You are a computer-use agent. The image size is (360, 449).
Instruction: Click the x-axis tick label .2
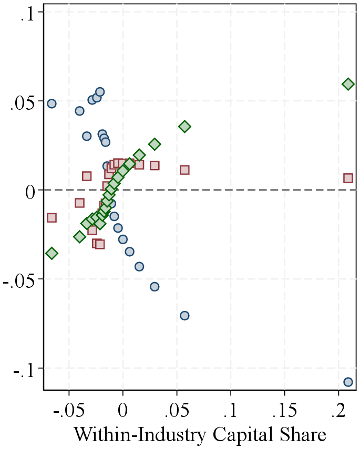[337, 410]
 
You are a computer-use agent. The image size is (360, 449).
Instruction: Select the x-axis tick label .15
[283, 410]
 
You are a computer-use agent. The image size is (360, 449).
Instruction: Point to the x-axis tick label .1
[231, 410]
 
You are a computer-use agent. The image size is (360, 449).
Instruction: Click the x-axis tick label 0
[123, 410]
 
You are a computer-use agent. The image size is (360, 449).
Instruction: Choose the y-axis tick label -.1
[25, 368]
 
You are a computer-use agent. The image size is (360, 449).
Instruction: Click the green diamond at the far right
[348, 84]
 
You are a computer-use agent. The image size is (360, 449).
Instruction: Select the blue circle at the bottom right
[348, 382]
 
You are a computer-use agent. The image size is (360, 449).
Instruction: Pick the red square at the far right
[348, 178]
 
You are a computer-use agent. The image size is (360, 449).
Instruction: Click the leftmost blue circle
[52, 103]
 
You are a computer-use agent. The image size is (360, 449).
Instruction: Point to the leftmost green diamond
[52, 253]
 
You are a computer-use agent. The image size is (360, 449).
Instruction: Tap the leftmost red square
[52, 217]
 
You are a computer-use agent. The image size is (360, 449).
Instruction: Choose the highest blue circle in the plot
[100, 92]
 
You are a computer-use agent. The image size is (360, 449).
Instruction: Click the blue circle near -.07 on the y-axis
[184, 316]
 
